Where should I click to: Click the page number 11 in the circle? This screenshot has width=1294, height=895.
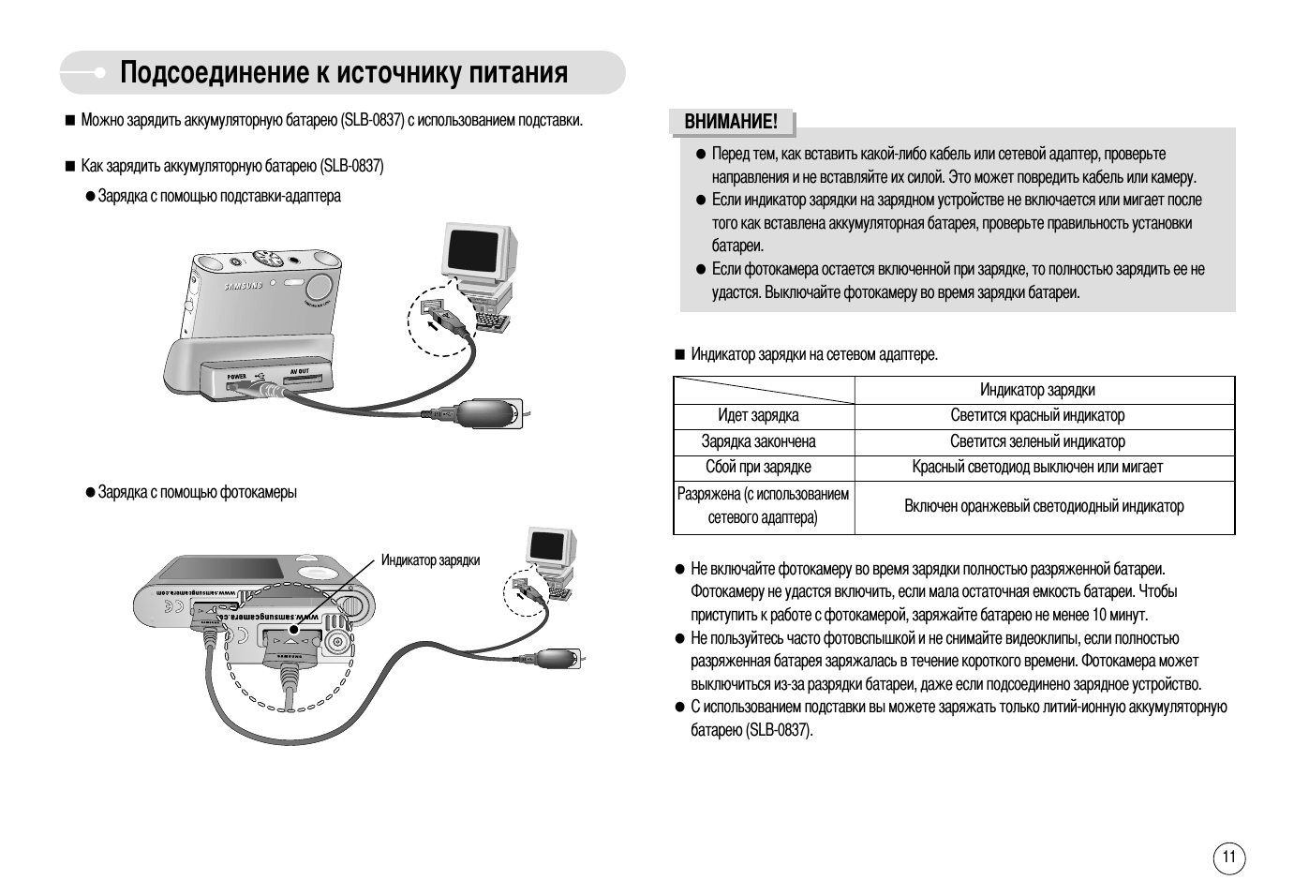1229,857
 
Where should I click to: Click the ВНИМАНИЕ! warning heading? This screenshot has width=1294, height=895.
731,122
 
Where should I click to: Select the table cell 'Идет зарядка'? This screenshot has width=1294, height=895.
758,416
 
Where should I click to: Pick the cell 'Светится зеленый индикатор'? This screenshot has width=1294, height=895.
1037,441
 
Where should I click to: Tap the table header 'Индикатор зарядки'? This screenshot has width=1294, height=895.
1037,390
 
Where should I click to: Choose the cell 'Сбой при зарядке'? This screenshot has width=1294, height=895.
758,468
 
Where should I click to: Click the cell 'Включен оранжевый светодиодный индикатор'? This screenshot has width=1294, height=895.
1044,507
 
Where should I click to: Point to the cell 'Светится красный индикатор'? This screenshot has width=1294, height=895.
1037,416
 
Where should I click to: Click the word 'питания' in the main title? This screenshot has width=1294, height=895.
519,73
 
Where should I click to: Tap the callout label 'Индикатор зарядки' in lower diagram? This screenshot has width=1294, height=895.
430,560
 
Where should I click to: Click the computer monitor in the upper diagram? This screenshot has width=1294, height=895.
480,251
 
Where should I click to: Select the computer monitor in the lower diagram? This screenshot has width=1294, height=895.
550,546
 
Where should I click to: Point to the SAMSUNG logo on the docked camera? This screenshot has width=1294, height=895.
242,284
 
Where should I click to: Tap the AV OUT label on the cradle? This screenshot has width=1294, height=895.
299,371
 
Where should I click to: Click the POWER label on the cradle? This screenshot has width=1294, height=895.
236,376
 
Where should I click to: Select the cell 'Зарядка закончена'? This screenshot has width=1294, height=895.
758,441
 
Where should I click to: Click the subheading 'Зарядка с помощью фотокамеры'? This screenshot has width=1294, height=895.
198,493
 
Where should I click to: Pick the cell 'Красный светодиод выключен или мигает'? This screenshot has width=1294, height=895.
1037,468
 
